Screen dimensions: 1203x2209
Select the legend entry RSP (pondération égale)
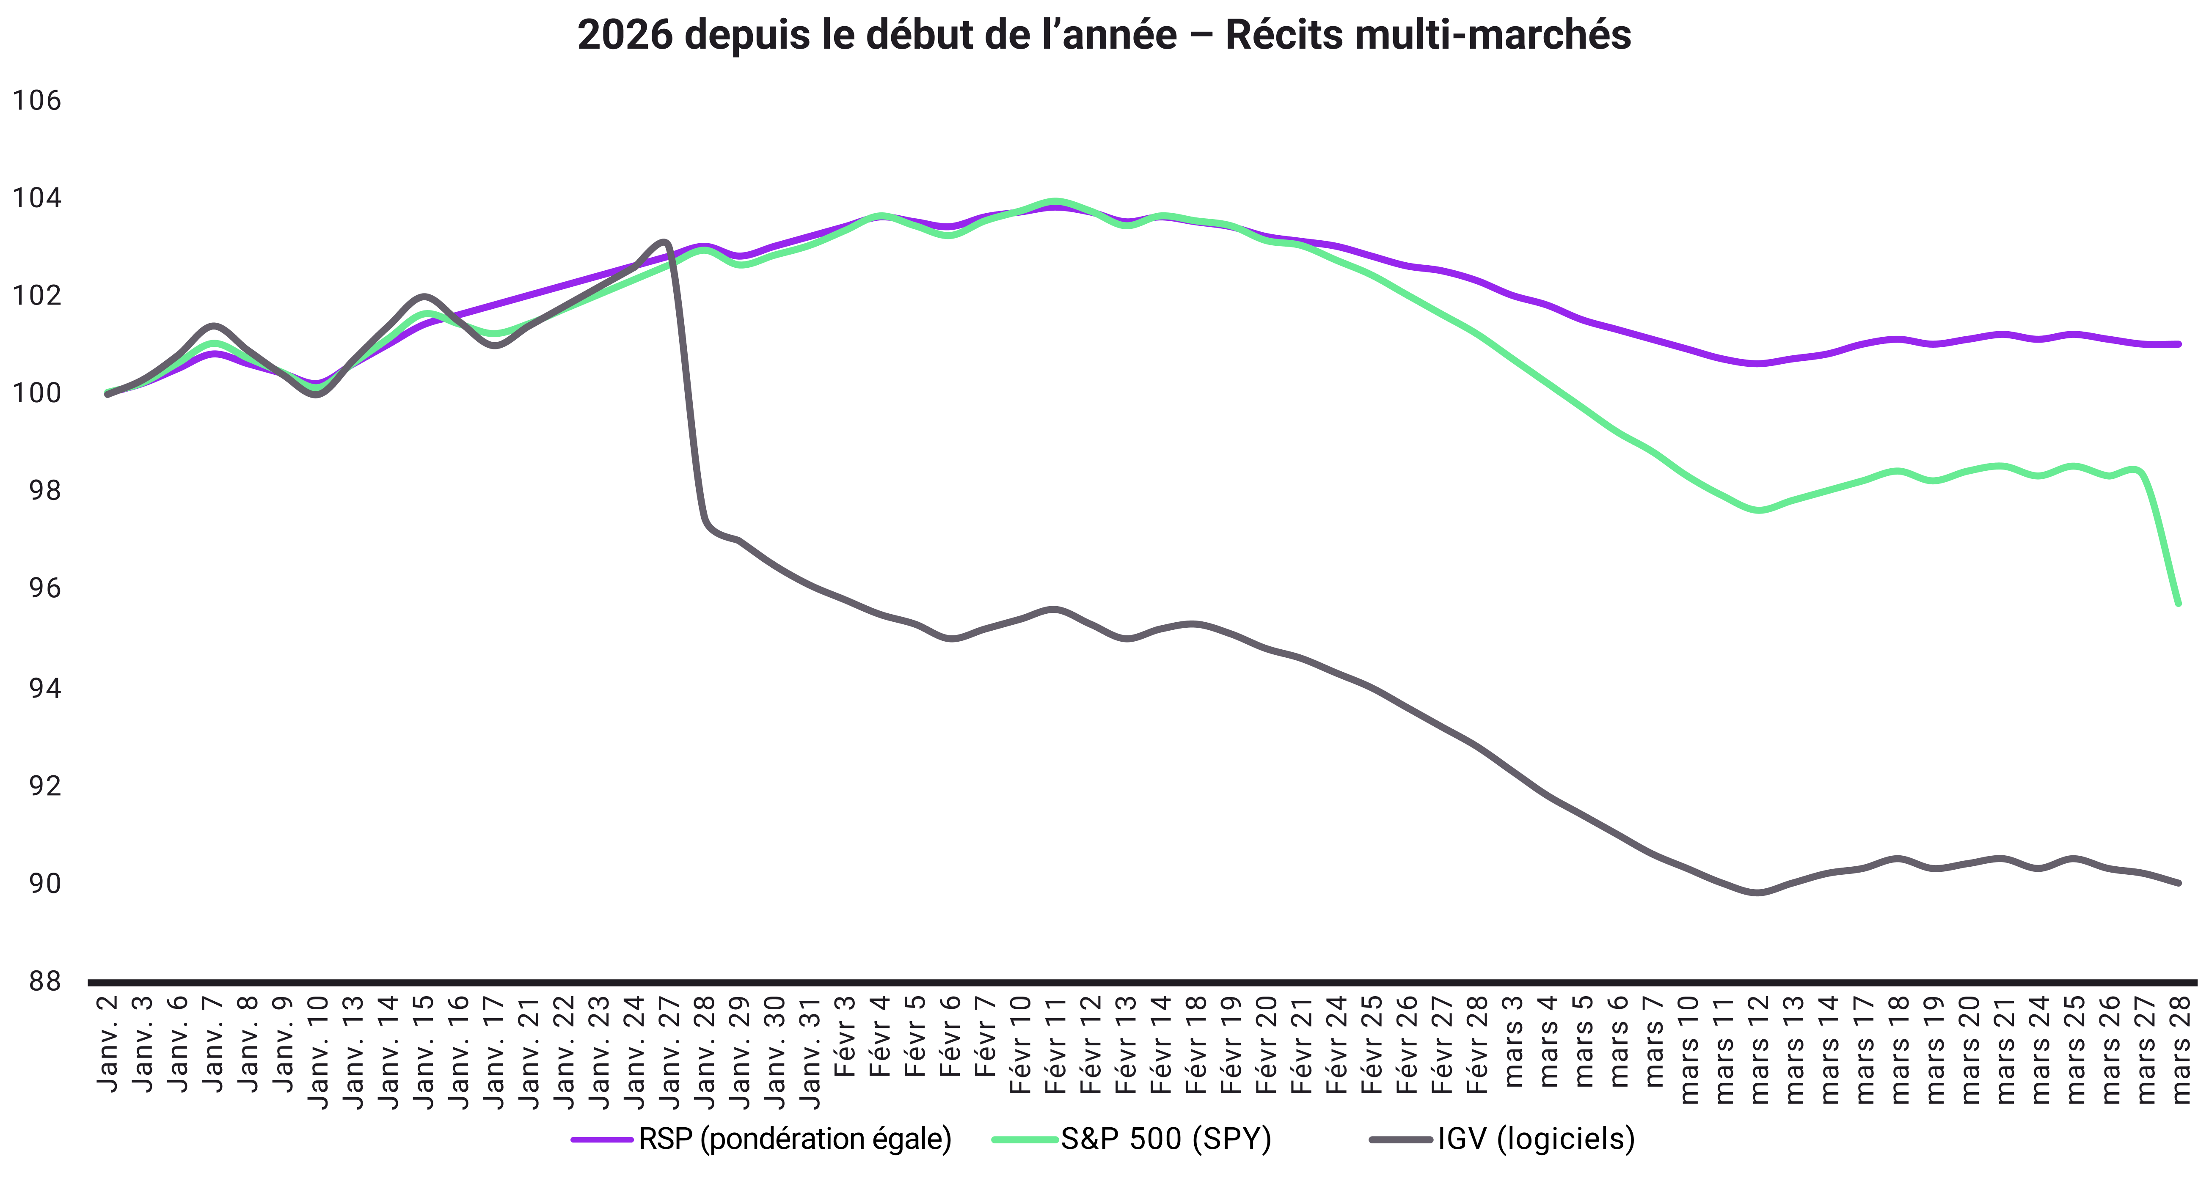coord(794,1139)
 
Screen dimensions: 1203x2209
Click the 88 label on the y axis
coord(36,981)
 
